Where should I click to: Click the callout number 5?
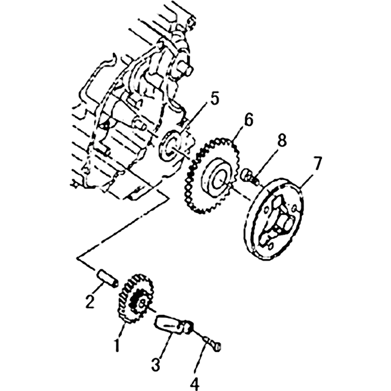pyautogui.click(x=214, y=99)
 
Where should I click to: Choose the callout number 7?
pyautogui.click(x=316, y=163)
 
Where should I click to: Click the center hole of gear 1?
pyautogui.click(x=142, y=302)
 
